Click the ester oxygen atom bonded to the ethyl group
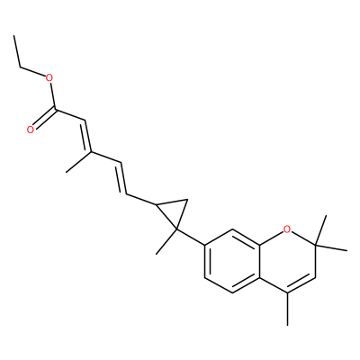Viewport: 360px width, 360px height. pos(49,79)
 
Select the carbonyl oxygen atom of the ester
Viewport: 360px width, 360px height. pos(30,130)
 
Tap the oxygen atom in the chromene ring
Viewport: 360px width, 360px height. pos(287,229)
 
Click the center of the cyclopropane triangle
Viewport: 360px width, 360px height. pos(174,211)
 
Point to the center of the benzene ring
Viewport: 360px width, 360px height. pos(232,261)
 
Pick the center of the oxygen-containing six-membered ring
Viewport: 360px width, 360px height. pos(287,261)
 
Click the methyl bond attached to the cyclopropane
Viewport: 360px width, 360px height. pos(166,242)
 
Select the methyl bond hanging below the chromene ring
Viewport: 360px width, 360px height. pos(287,309)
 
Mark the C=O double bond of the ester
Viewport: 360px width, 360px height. pos(44,120)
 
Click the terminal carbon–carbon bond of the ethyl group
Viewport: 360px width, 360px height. pos(17,51)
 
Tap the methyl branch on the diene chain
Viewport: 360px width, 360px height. pos(78,162)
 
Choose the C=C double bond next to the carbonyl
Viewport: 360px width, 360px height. pos(87,136)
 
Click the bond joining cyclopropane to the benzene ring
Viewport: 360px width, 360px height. pos(191,238)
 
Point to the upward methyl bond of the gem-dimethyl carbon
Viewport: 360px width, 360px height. pos(321,230)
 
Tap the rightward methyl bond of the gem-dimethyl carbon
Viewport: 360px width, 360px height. pos(331,247)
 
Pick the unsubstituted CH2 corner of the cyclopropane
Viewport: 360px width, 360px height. pos(187,200)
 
